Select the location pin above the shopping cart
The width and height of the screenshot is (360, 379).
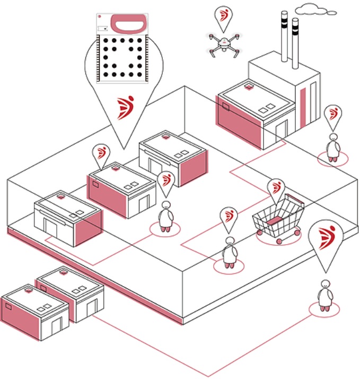[x=275, y=188]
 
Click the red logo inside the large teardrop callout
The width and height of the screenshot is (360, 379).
[x=126, y=107]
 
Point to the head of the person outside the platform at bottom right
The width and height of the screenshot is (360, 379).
[x=323, y=285]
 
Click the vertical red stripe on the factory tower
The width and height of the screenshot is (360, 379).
[x=303, y=108]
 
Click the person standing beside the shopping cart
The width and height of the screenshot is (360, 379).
[x=229, y=252]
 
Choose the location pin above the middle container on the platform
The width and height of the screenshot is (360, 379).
[x=100, y=154]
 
